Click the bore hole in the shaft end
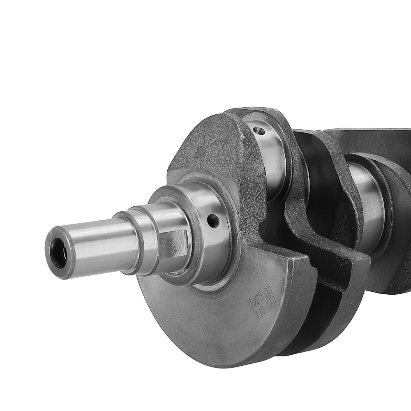click(58, 253)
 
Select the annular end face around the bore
click(52, 263)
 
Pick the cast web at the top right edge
click(370, 140)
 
